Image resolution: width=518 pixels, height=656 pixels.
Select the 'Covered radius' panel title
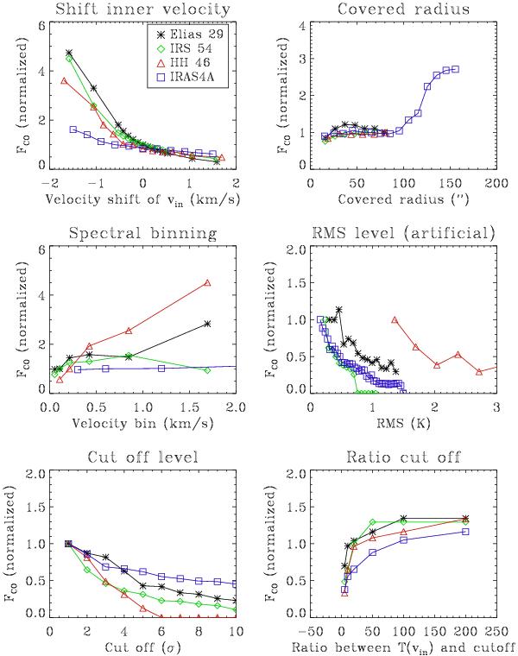(402, 9)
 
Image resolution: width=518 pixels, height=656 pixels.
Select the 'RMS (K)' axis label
(402, 424)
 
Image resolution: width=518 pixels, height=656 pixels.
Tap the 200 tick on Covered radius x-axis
(496, 184)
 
